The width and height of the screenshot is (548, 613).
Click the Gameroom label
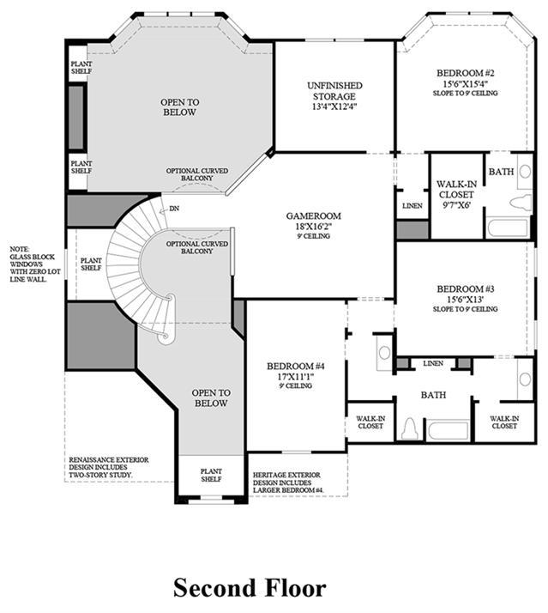[x=313, y=215]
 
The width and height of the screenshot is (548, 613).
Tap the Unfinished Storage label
[x=334, y=91]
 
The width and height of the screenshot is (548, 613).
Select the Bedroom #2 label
[x=466, y=73]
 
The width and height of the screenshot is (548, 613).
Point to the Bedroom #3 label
[x=466, y=289]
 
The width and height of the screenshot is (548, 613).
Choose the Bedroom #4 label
[x=296, y=367]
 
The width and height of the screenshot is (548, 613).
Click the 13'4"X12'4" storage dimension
[x=334, y=106]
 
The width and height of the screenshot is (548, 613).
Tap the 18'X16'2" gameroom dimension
[x=314, y=227]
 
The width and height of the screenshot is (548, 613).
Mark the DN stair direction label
[x=174, y=209]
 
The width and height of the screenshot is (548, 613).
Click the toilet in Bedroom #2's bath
[x=521, y=203]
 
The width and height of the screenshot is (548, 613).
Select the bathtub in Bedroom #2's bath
[x=509, y=228]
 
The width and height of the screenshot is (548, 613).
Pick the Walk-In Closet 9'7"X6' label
[x=456, y=194]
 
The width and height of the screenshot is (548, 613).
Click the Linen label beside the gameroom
[x=413, y=206]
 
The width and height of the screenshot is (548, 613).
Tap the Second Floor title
[x=250, y=588]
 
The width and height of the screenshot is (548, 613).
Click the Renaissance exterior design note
[x=109, y=468]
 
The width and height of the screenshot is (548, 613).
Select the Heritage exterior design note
[x=288, y=483]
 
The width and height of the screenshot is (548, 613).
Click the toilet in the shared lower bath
[x=410, y=429]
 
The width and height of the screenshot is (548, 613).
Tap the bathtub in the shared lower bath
[x=447, y=431]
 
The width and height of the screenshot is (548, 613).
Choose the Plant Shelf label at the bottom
[x=211, y=475]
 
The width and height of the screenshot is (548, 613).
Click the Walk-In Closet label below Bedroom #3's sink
[x=504, y=422]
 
